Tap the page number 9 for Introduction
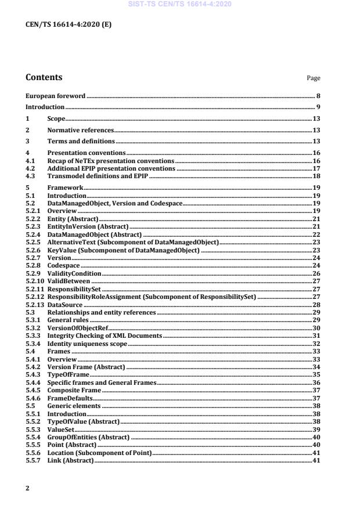pos(318,107)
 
